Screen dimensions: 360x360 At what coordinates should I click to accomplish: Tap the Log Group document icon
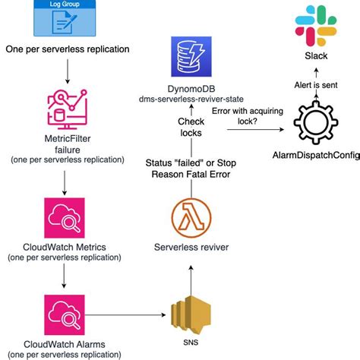66,21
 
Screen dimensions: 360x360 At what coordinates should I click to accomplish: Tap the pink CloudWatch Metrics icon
67,216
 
